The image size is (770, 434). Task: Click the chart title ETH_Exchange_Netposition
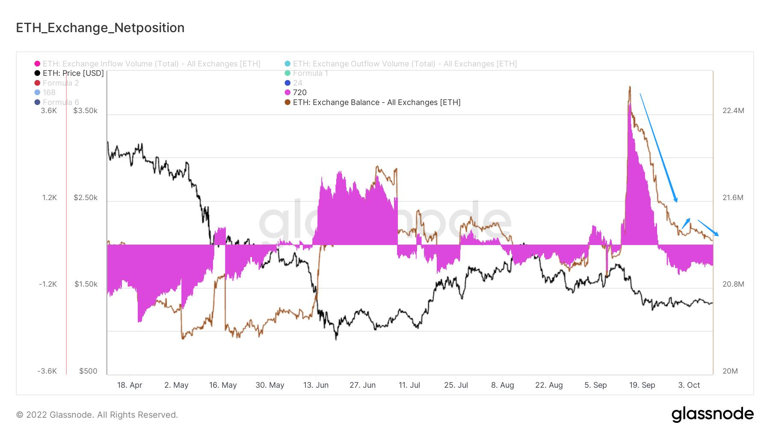[100, 28]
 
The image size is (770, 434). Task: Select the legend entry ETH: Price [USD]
[73, 73]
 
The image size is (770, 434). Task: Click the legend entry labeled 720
[299, 93]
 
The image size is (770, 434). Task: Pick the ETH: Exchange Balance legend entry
[376, 102]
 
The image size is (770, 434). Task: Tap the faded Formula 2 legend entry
[60, 83]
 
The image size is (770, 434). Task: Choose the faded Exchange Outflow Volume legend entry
[405, 64]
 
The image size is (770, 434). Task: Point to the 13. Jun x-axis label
[316, 385]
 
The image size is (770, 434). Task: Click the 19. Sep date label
[642, 385]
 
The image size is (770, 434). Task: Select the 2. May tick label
[176, 385]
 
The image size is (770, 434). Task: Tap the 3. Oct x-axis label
[689, 385]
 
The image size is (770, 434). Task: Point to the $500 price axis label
[88, 371]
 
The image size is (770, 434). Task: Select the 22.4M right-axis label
[733, 111]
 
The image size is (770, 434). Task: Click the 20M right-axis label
[730, 371]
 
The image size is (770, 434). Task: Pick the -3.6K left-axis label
[47, 371]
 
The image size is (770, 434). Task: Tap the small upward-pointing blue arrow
[686, 223]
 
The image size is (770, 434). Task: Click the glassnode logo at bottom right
[712, 414]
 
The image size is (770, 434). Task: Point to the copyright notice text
[97, 415]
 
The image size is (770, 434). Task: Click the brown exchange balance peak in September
[630, 87]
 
